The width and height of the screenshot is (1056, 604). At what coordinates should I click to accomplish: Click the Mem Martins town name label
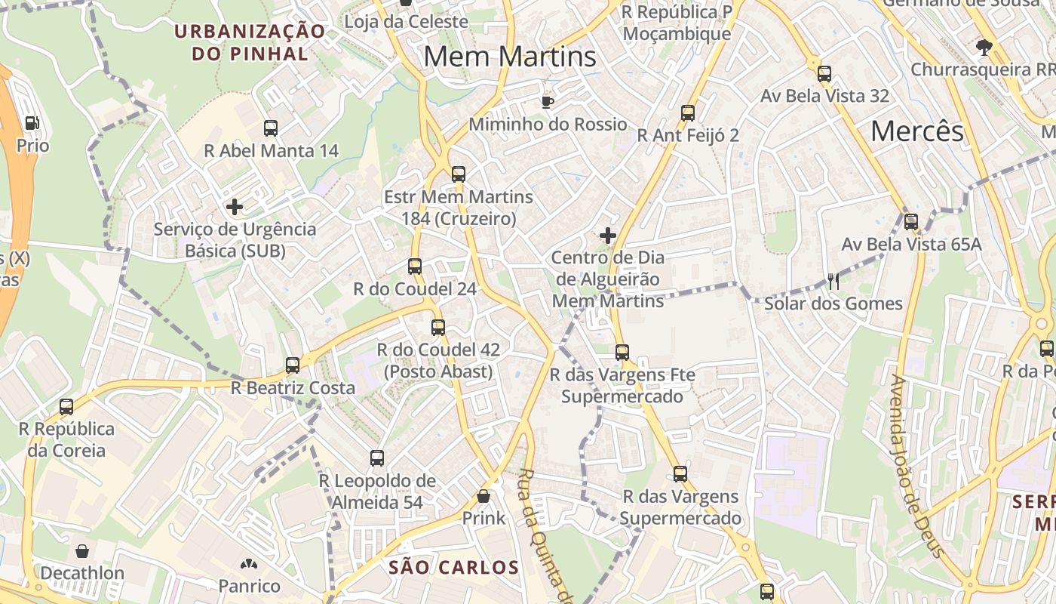pyautogui.click(x=510, y=57)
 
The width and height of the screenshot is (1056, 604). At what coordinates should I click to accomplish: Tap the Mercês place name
pyautogui.click(x=916, y=131)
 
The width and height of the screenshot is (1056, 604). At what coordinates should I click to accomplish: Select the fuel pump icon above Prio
pyautogui.click(x=32, y=123)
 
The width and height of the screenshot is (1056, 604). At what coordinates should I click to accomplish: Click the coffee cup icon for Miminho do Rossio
pyautogui.click(x=548, y=102)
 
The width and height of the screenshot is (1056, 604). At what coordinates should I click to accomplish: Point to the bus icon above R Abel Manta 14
pyautogui.click(x=271, y=128)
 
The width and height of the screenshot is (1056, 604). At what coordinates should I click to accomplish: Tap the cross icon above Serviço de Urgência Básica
pyautogui.click(x=235, y=206)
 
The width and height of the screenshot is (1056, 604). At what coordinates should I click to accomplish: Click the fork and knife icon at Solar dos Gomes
pyautogui.click(x=833, y=282)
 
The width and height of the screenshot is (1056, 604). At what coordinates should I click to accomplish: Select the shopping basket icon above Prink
pyautogui.click(x=483, y=496)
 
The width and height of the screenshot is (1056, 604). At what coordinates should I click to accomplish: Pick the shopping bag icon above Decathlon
pyautogui.click(x=81, y=551)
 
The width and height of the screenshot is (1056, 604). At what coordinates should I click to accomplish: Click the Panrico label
pyautogui.click(x=249, y=586)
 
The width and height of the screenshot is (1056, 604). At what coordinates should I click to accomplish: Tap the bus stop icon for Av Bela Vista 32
pyautogui.click(x=824, y=74)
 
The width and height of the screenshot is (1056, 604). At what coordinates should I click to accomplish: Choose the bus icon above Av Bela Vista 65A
pyautogui.click(x=911, y=222)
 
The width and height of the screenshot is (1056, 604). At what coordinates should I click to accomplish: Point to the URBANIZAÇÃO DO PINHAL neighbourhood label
pyautogui.click(x=250, y=42)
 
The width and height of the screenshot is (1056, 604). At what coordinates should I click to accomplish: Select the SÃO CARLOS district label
pyautogui.click(x=454, y=568)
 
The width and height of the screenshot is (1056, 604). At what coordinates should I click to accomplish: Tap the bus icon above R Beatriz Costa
pyautogui.click(x=293, y=365)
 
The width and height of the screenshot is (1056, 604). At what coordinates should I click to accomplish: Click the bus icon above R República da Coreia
pyautogui.click(x=66, y=407)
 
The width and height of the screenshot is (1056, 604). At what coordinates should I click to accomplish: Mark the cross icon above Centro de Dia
pyautogui.click(x=608, y=236)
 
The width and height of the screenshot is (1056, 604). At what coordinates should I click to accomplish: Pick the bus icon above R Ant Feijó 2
pyautogui.click(x=688, y=113)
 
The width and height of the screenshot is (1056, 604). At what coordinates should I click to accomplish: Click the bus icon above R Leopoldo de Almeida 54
pyautogui.click(x=377, y=458)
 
